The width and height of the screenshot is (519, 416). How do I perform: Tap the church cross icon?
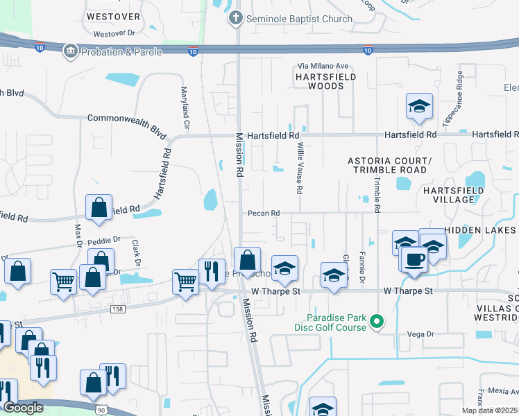pos(236,19)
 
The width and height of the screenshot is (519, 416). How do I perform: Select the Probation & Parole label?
pos(121,51)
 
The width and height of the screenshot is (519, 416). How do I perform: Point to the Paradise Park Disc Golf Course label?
pos(341,320)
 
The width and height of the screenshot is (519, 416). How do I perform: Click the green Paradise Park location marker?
pos(377,321)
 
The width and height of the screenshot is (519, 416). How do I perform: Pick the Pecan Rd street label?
pos(264,213)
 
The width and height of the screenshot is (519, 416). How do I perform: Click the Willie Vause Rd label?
pos(300,168)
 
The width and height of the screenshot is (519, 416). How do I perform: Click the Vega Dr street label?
pos(420,333)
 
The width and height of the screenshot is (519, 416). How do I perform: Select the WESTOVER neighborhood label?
pos(113,16)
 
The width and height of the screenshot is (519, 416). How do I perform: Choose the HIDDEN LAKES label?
pos(481,229)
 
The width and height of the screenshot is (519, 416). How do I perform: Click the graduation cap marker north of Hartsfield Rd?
pos(419,106)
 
